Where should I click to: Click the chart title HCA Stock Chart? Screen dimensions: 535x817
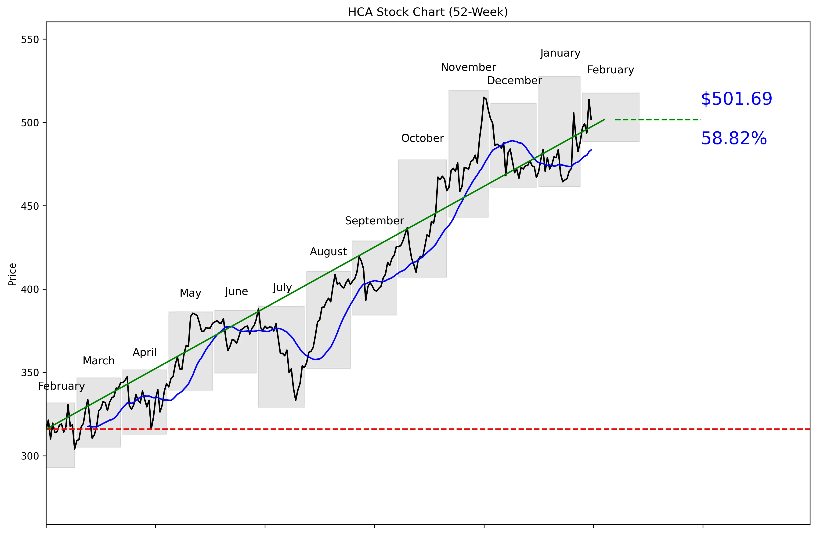click(x=428, y=12)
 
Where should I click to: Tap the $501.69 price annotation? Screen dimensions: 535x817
click(x=736, y=99)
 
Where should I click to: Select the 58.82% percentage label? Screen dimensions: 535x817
click(x=734, y=139)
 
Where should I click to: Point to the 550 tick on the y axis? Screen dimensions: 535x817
click(x=30, y=39)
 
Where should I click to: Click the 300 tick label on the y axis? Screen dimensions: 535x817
click(x=30, y=456)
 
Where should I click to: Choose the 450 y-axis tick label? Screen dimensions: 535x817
click(x=30, y=206)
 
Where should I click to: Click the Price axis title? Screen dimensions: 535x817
click(x=12, y=274)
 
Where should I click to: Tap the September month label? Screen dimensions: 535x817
click(x=374, y=221)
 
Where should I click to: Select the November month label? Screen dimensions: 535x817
click(x=468, y=67)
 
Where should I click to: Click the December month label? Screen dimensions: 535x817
click(x=514, y=81)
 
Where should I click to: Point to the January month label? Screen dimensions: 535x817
click(x=560, y=53)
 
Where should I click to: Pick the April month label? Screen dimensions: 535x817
click(x=145, y=352)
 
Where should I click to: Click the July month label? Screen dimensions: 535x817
click(x=282, y=287)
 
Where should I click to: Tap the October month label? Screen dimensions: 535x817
click(x=422, y=138)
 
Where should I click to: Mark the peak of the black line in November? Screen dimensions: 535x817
click(x=484, y=97)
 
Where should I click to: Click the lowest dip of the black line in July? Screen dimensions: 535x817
click(x=296, y=400)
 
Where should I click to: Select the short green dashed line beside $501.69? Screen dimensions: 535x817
click(x=657, y=120)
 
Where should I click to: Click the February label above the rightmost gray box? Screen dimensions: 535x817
click(x=610, y=70)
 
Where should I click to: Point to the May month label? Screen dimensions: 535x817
click(x=190, y=293)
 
